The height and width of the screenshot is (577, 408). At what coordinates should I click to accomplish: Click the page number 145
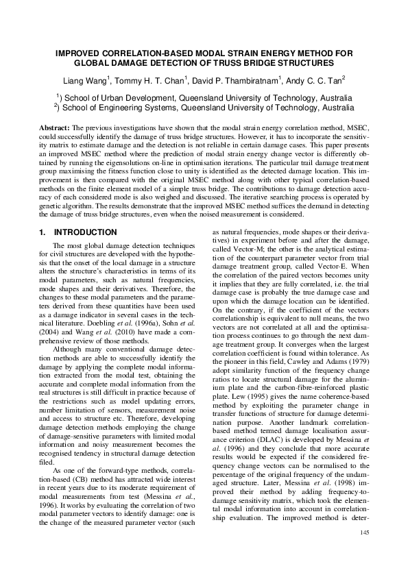(x=364, y=552)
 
